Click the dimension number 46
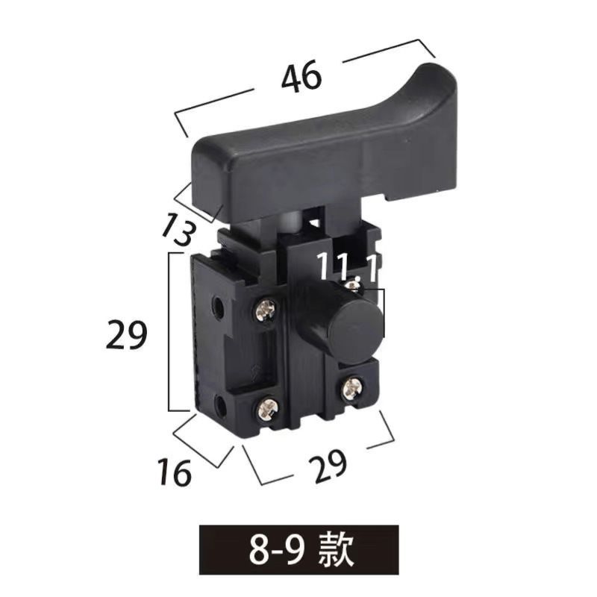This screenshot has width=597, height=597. point(301,78)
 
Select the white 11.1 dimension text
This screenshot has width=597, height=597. point(348,267)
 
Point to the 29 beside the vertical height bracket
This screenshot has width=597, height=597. point(126,334)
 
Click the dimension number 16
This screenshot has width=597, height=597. point(175,472)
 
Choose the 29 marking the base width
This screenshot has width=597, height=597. point(328,466)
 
